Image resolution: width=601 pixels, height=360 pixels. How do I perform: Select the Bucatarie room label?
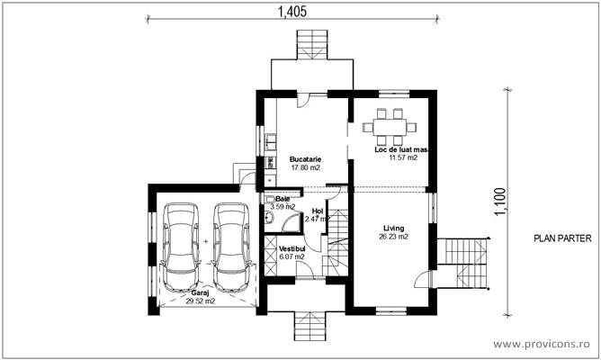point(306,158)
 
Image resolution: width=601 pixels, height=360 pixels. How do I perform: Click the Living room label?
point(392,229)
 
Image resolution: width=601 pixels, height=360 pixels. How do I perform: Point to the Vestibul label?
point(292,247)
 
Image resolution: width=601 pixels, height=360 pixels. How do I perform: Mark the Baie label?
point(283,199)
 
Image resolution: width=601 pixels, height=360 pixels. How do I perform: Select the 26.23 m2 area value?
point(392,238)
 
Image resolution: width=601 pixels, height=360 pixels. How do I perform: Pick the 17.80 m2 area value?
point(306,167)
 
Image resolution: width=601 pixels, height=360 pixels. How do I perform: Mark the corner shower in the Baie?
point(269,219)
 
